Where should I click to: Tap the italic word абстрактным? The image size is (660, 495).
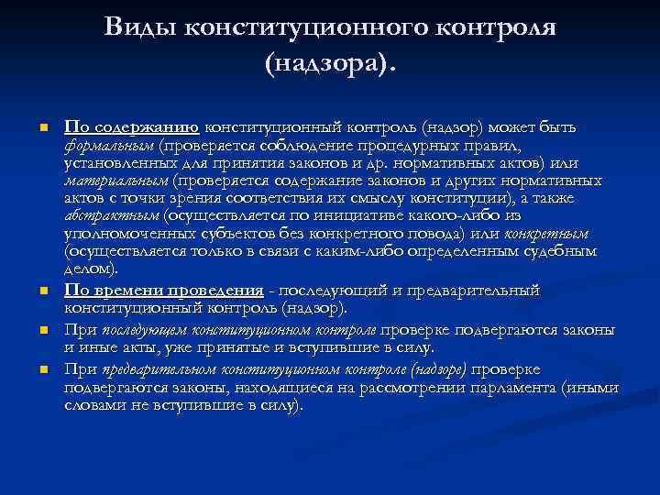111,215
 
